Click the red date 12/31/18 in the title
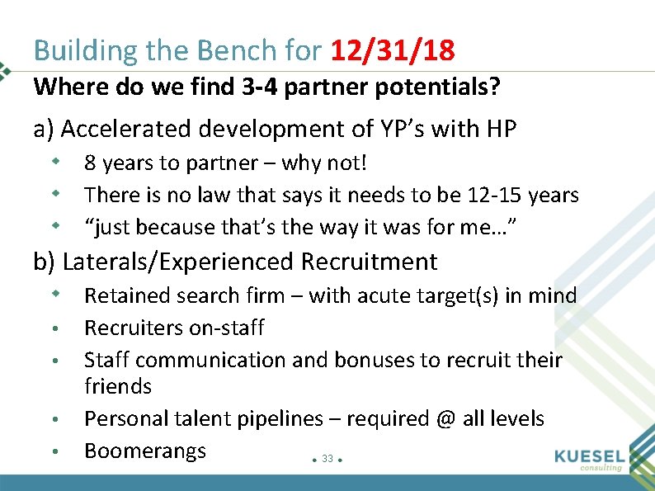[x=392, y=51]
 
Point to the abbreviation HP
[x=501, y=130]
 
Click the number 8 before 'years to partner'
[x=91, y=163]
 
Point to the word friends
[x=118, y=386]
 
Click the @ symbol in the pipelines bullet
[x=446, y=419]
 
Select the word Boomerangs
[x=145, y=451]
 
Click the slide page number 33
[x=327, y=459]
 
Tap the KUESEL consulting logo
[x=587, y=460]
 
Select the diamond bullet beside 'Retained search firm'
[x=54, y=294]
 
